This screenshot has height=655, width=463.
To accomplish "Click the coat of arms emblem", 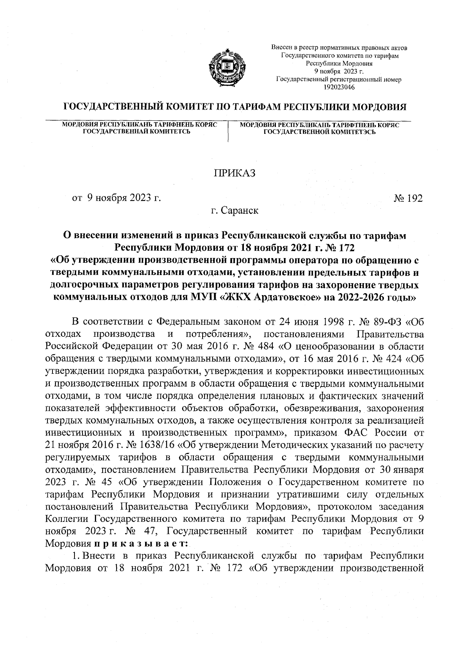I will [x=225, y=68].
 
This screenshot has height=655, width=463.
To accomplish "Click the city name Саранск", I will [x=240, y=211].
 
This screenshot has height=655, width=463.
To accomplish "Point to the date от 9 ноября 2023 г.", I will [x=116, y=199].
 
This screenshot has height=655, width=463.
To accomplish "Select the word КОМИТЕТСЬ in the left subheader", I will [x=169, y=132].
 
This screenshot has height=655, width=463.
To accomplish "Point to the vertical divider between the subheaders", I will [x=229, y=132].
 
